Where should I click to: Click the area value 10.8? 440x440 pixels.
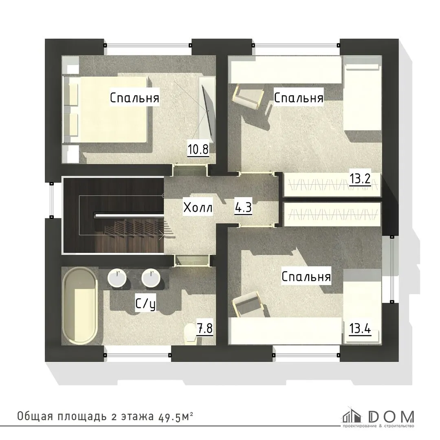point(198,149)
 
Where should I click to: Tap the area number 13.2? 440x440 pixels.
point(360,178)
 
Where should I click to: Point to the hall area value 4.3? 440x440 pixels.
point(243,208)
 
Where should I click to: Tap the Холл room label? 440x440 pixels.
point(198,208)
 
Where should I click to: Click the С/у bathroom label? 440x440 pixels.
point(145,304)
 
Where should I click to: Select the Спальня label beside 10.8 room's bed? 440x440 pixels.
point(135,98)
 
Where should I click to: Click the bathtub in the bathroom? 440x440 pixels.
point(80,305)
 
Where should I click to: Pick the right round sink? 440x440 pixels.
point(151,278)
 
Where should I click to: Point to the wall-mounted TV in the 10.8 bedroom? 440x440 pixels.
point(208,110)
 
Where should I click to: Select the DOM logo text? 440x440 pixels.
point(391,417)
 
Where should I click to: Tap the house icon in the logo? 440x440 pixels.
point(351,415)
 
